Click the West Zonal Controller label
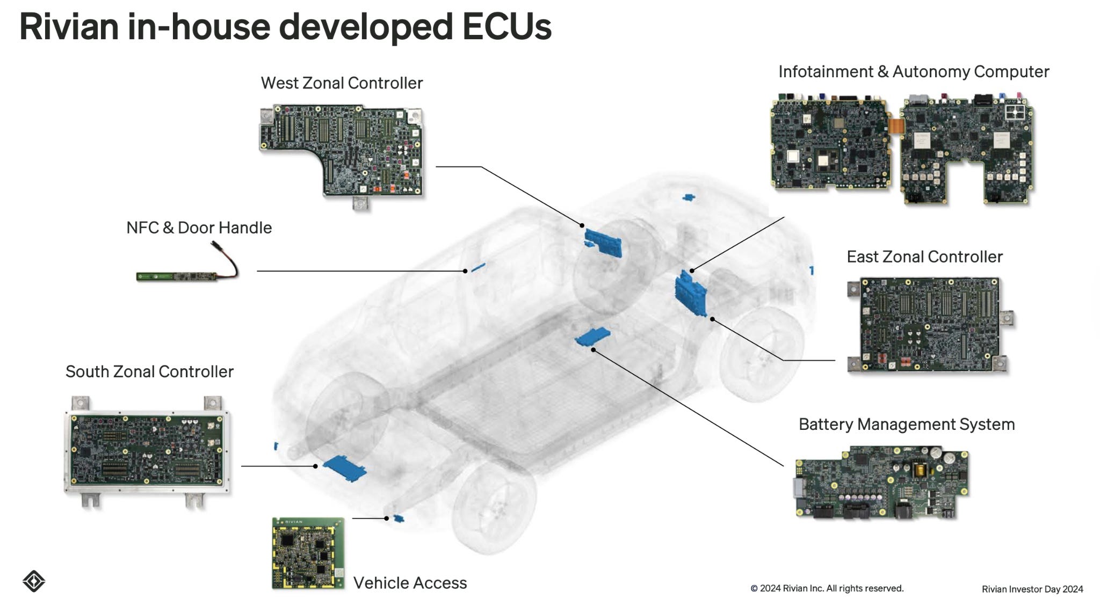pos(342,83)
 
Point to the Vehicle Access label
pos(410,583)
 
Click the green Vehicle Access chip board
pos(308,553)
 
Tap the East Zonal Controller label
pos(924,257)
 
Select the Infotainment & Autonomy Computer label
pos(914,72)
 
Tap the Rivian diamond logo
pos(34,581)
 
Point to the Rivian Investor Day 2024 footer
pos(1032,589)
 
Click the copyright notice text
pos(827,588)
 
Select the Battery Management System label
pos(907,425)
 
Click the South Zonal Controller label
pos(149,372)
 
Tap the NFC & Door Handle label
pos(199,228)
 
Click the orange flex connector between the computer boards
pos(895,126)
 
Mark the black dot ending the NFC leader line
pos(465,271)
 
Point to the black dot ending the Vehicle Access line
pos(386,518)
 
